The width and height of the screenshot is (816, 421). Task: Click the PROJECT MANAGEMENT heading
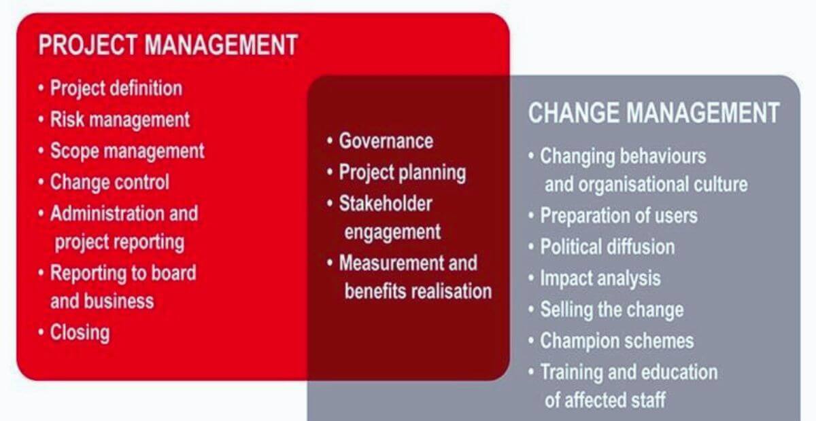click(x=167, y=45)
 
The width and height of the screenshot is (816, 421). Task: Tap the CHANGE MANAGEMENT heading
click(x=653, y=113)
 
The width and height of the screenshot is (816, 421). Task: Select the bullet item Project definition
click(x=116, y=88)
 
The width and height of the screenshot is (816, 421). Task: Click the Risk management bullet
click(x=120, y=120)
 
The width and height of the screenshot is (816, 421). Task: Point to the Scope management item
click(x=127, y=151)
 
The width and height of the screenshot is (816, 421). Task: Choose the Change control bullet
click(x=109, y=182)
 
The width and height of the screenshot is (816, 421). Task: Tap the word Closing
click(x=80, y=333)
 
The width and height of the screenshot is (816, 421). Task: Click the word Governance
click(x=386, y=141)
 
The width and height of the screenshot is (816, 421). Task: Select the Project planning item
click(x=402, y=172)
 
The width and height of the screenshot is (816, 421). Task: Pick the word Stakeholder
click(x=386, y=203)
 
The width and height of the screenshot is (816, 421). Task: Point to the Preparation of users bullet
click(x=619, y=216)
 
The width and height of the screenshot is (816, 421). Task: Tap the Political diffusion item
click(x=607, y=246)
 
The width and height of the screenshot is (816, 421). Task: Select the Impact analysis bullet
click(x=600, y=278)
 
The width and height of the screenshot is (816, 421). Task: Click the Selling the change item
click(x=611, y=310)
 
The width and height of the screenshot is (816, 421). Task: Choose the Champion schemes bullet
click(x=617, y=340)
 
